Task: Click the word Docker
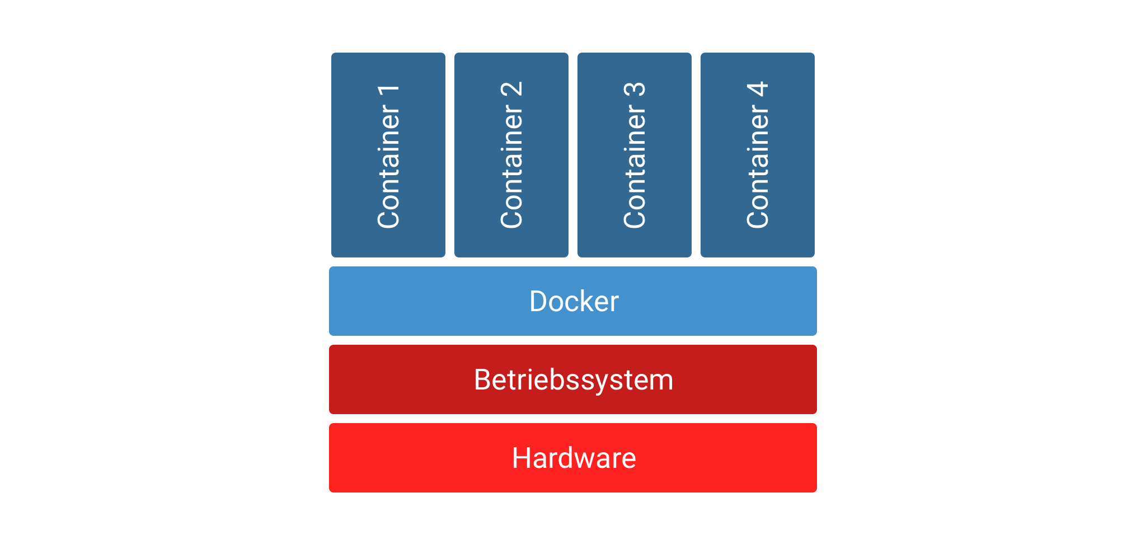574,302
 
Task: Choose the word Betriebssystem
574,380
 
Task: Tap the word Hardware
574,458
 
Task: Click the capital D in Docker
538,302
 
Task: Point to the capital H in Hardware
522,458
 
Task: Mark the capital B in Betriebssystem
482,380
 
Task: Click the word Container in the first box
389,167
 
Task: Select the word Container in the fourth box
758,167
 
